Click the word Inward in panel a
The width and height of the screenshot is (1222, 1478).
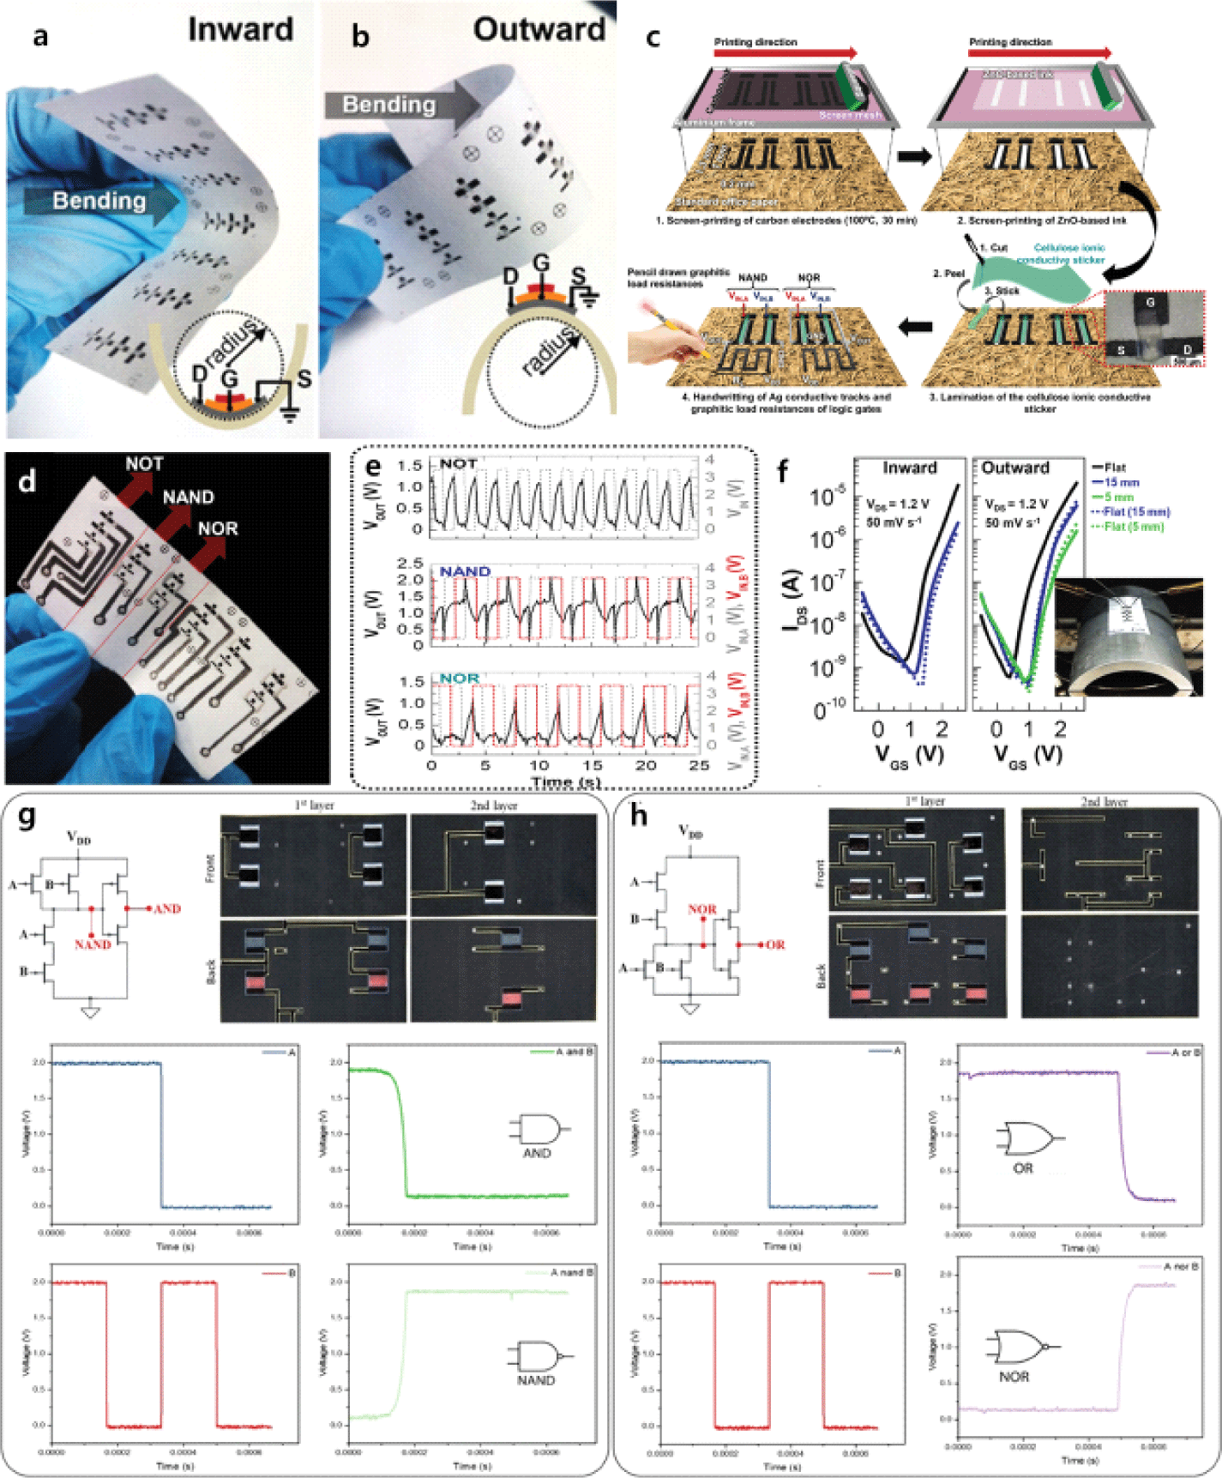[x=240, y=30]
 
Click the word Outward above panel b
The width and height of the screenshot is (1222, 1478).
[x=539, y=30]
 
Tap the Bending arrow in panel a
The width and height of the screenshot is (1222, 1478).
[x=101, y=202]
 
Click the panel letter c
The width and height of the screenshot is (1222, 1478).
[x=653, y=38]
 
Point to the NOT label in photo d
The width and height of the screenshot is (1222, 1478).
[x=144, y=464]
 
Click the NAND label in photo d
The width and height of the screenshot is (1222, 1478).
[x=188, y=498]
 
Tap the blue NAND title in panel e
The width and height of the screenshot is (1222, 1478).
[x=465, y=571]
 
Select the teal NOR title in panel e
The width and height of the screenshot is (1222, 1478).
[x=459, y=678]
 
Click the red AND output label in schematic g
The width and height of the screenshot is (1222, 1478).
[x=167, y=908]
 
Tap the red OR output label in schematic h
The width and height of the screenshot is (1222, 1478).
[x=775, y=944]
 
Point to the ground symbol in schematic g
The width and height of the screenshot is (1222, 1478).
[x=90, y=1013]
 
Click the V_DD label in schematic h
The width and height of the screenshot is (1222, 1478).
[x=690, y=831]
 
